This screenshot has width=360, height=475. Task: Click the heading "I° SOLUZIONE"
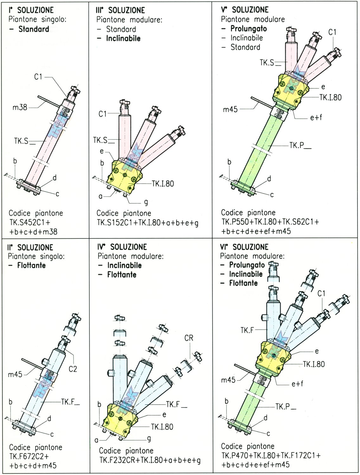[x=31, y=10]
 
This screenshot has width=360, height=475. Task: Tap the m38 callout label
[x=20, y=107]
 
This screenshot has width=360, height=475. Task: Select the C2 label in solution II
[x=73, y=369]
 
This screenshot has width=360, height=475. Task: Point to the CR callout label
[x=189, y=338]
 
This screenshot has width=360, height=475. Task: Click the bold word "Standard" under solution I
[x=34, y=29]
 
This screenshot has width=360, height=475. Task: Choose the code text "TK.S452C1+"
[x=29, y=222]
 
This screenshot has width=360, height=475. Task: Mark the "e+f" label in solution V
[x=316, y=117]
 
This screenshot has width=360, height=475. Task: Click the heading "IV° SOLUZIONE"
[x=122, y=247]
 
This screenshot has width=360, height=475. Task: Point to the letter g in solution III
[x=146, y=202]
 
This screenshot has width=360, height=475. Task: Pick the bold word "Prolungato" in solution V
[x=248, y=28]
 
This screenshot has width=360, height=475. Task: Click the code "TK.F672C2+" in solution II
[x=29, y=457]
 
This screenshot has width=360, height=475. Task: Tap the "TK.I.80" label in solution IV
[x=162, y=427]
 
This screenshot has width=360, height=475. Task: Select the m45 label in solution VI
[x=228, y=380]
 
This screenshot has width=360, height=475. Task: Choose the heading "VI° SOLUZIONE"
[x=244, y=247]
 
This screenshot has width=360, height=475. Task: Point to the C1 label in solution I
[x=38, y=77]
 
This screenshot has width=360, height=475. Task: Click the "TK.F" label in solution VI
[x=247, y=330]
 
